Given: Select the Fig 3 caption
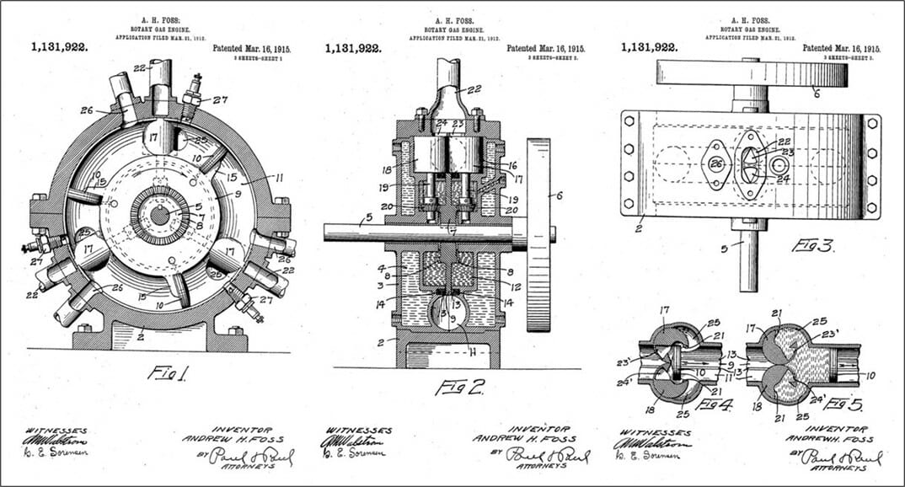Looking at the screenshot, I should pyautogui.click(x=811, y=246).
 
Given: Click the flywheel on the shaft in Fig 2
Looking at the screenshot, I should pyautogui.click(x=538, y=235).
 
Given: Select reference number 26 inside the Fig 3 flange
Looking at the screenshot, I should pyautogui.click(x=716, y=164).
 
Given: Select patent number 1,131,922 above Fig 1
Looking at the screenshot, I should pyautogui.click(x=60, y=48).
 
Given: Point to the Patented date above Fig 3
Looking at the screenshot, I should pyautogui.click(x=841, y=49).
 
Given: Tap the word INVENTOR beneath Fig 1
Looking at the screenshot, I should pyautogui.click(x=242, y=429).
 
